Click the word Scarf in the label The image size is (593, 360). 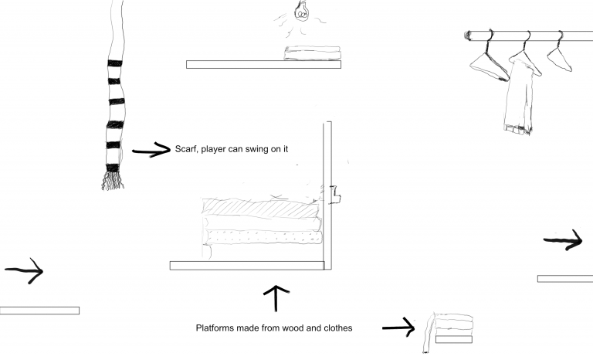pos(186,149)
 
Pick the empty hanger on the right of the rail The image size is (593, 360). pos(561,56)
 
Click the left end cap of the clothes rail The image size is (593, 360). pos(468,35)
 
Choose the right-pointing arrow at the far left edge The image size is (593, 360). pos(25,271)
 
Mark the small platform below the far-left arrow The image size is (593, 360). pos(39,311)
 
